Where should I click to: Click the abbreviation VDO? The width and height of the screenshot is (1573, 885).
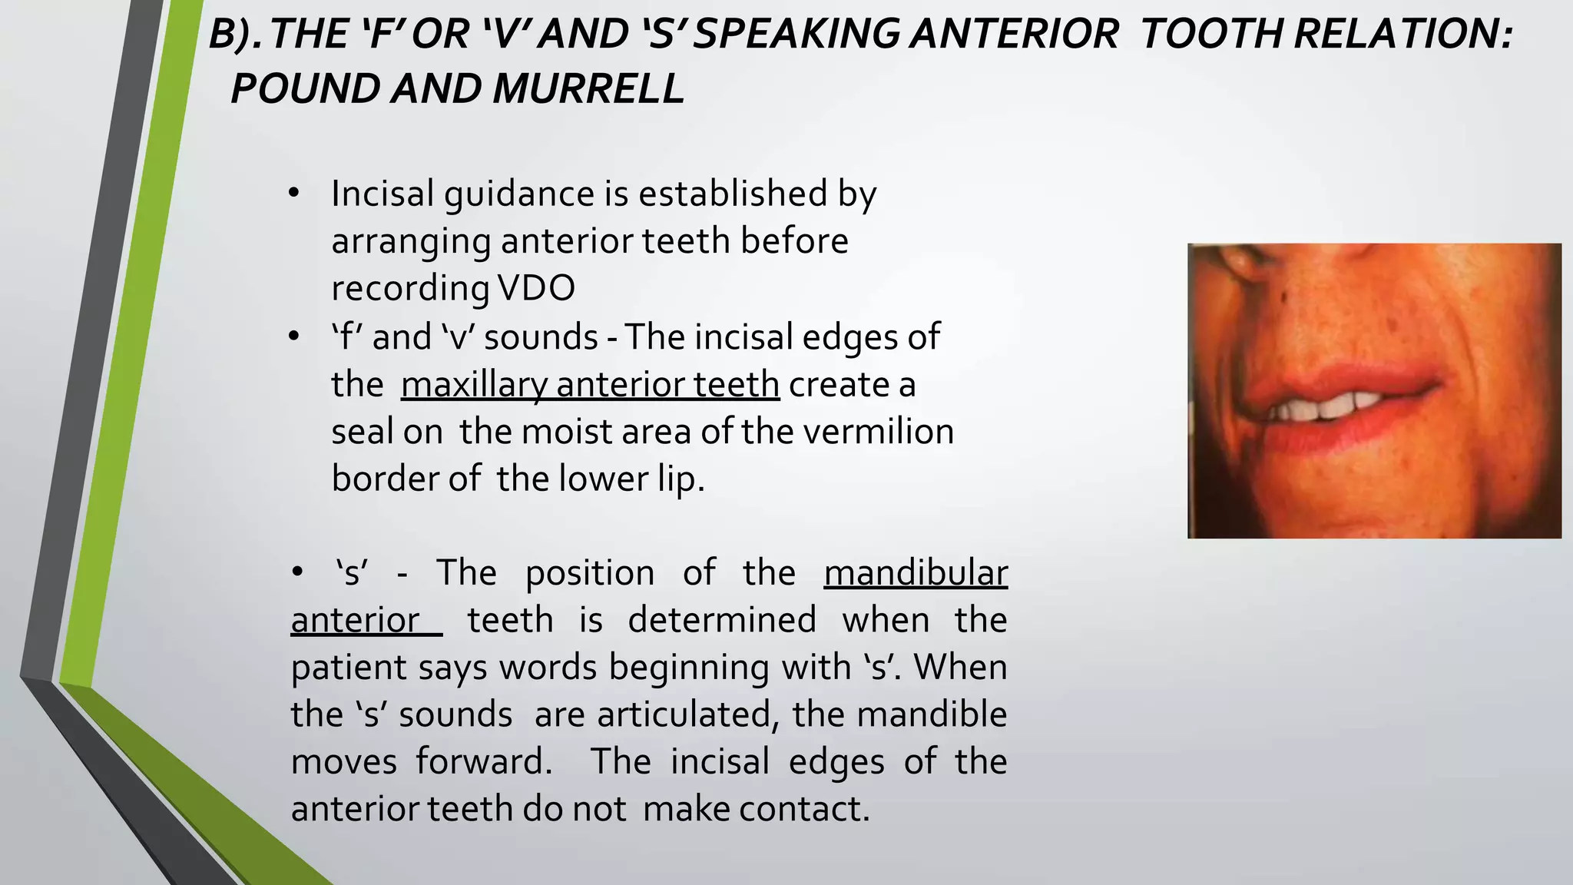[536, 288]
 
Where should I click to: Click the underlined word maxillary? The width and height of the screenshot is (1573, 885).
[473, 384]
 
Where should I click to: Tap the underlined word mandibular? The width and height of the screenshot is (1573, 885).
[915, 573]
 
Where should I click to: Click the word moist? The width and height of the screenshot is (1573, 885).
[558, 432]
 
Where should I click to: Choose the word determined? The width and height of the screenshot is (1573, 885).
[721, 620]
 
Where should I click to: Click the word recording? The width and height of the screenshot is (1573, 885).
[410, 288]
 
